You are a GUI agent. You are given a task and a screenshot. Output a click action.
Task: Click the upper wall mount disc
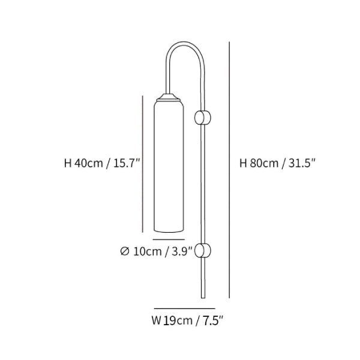pos(203,118)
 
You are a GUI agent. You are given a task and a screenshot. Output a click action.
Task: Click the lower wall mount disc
pos(203,250)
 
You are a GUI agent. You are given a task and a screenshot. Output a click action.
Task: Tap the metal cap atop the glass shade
pos(169,97)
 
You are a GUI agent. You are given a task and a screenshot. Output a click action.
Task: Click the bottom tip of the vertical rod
pos(203,298)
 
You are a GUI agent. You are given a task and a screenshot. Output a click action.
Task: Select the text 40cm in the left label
pos(89,163)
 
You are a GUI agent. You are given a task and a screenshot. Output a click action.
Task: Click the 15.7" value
pos(127,163)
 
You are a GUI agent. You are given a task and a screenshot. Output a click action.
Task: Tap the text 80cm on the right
pos(264,163)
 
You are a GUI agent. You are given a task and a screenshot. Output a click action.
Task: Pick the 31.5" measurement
pos(302,163)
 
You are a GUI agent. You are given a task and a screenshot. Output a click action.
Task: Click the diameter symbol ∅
pos(125,251)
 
